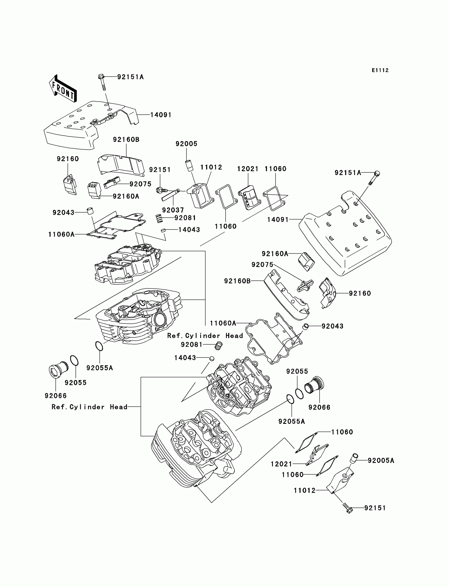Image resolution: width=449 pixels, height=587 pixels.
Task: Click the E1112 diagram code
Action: click(x=380, y=70)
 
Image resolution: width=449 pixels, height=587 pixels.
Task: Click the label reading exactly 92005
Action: click(x=186, y=144)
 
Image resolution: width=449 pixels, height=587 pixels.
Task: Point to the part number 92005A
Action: click(x=381, y=460)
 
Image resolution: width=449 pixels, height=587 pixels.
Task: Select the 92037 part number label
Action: click(x=173, y=210)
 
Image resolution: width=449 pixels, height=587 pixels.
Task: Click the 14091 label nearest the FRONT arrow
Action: click(x=161, y=115)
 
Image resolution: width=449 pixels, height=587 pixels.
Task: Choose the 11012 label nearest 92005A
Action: click(x=305, y=490)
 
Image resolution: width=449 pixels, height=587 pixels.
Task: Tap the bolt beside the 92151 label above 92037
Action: click(x=162, y=190)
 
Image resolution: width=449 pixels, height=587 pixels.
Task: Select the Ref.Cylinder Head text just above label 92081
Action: click(x=205, y=336)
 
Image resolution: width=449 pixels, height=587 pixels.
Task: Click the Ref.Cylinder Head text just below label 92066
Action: click(x=90, y=407)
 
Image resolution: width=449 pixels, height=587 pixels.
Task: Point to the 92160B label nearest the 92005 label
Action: click(x=126, y=139)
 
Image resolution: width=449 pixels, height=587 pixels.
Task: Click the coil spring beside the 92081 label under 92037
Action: click(x=159, y=218)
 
